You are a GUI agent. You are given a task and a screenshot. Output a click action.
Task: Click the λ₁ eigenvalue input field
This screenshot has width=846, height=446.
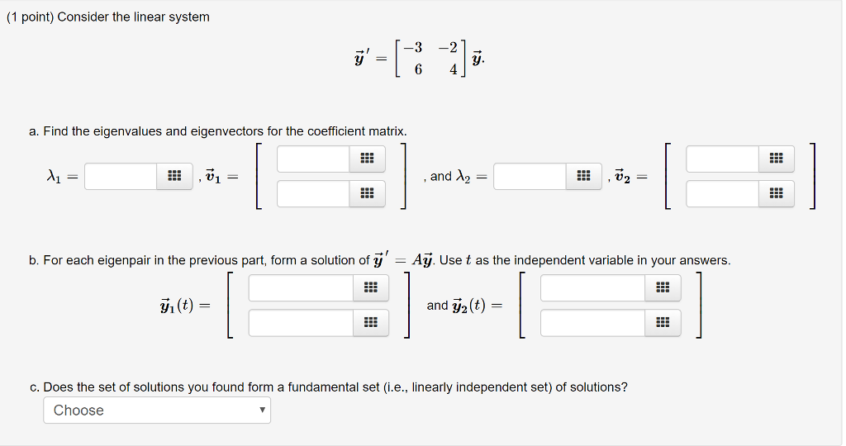click(121, 176)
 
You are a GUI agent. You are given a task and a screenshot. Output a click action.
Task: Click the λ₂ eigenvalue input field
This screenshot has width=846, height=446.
click(530, 176)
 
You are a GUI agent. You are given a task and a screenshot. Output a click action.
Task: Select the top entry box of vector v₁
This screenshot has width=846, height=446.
click(313, 159)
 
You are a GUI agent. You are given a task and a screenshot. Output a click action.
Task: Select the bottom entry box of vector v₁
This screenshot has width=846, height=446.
click(313, 194)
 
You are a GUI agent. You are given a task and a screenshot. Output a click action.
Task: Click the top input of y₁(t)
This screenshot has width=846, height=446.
click(301, 287)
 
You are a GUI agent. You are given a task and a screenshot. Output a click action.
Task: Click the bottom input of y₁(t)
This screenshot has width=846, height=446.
click(301, 323)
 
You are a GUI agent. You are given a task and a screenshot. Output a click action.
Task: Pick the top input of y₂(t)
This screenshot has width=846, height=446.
click(593, 287)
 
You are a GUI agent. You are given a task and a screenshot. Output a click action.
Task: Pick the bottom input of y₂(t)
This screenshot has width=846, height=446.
click(593, 323)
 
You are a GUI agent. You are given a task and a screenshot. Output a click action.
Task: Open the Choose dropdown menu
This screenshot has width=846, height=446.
click(157, 410)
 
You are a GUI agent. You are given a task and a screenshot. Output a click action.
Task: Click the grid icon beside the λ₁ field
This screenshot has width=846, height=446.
click(174, 176)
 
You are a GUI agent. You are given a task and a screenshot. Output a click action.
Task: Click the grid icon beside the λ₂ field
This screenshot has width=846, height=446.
click(583, 176)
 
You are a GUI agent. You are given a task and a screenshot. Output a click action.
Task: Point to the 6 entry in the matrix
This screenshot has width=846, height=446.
click(418, 70)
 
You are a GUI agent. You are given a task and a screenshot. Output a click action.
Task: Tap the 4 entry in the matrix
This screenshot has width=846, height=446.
click(453, 70)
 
